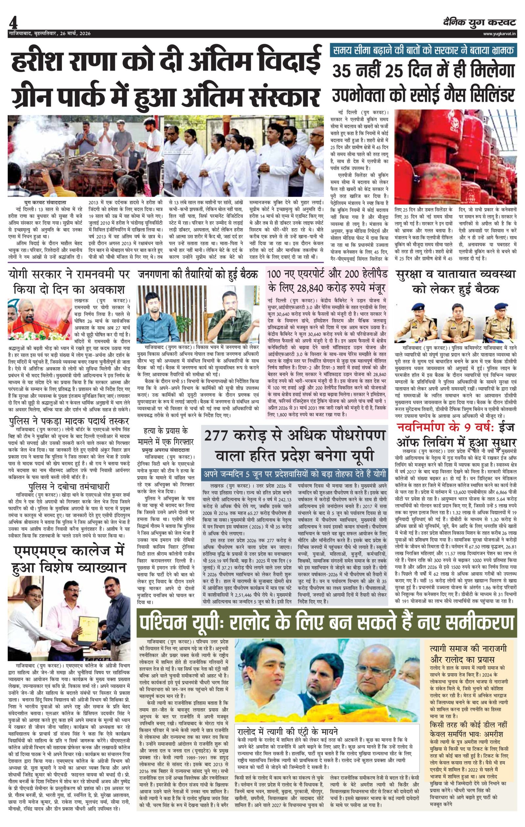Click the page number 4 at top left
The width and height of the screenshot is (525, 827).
13,23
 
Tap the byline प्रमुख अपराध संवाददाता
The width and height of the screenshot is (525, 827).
166,449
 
